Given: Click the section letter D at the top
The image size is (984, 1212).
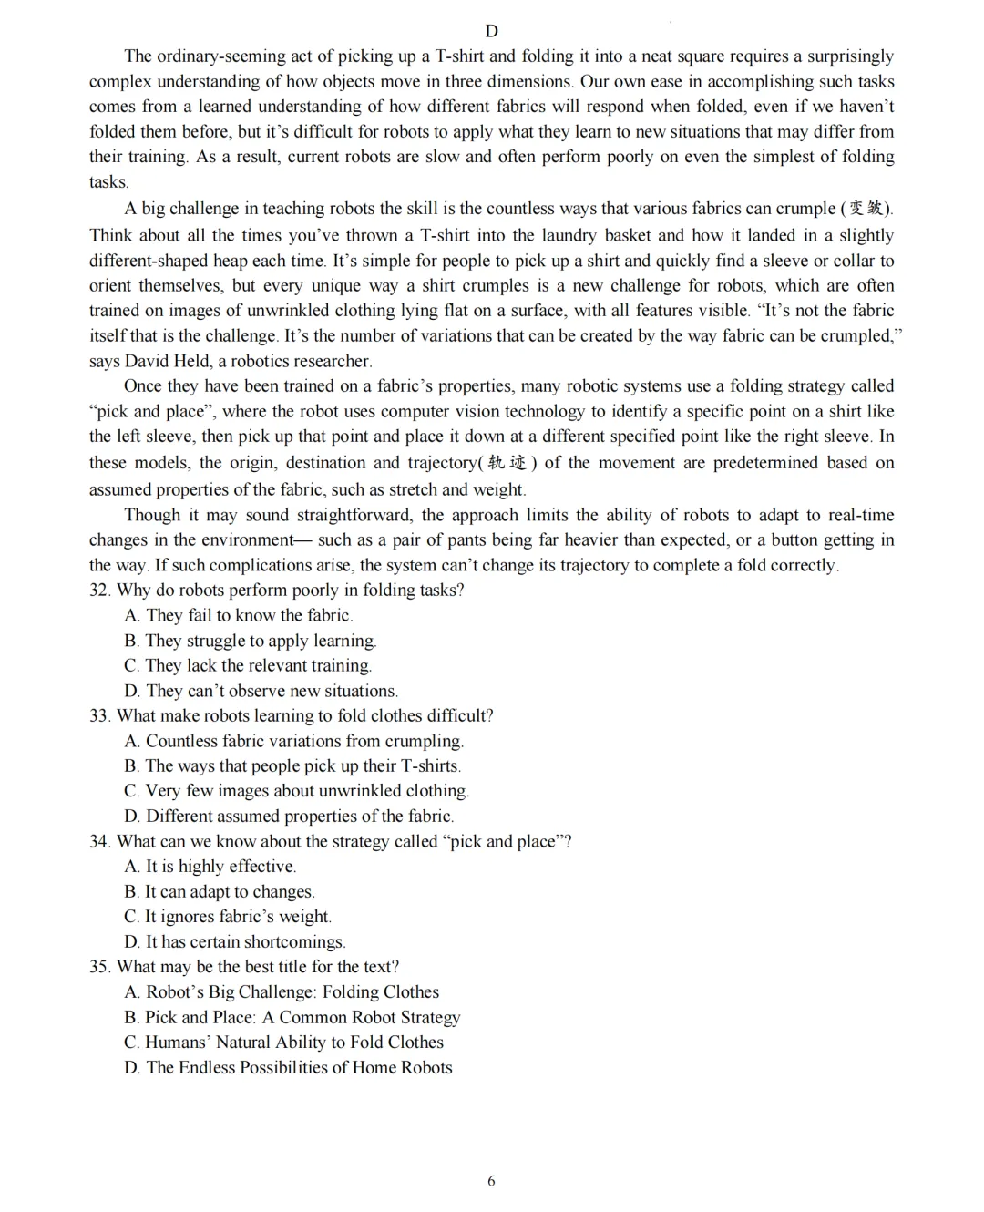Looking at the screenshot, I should [492, 31].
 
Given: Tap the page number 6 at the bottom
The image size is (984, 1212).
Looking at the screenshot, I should [492, 1181].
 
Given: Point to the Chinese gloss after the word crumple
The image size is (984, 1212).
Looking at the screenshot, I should [866, 209].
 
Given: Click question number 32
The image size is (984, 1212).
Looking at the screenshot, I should [99, 590].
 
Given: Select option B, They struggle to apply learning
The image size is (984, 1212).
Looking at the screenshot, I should [251, 641].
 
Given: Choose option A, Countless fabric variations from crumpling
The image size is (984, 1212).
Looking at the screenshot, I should [294, 741].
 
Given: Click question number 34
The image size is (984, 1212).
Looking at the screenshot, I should [99, 841].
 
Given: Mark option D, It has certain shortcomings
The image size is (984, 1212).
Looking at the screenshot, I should [235, 941].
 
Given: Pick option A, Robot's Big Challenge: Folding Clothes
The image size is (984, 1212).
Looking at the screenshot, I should [282, 991].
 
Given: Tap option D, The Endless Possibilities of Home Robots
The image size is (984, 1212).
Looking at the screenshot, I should [288, 1067].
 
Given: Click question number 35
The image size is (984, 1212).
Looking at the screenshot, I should [99, 966].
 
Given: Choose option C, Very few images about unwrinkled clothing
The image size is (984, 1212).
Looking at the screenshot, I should [297, 791].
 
